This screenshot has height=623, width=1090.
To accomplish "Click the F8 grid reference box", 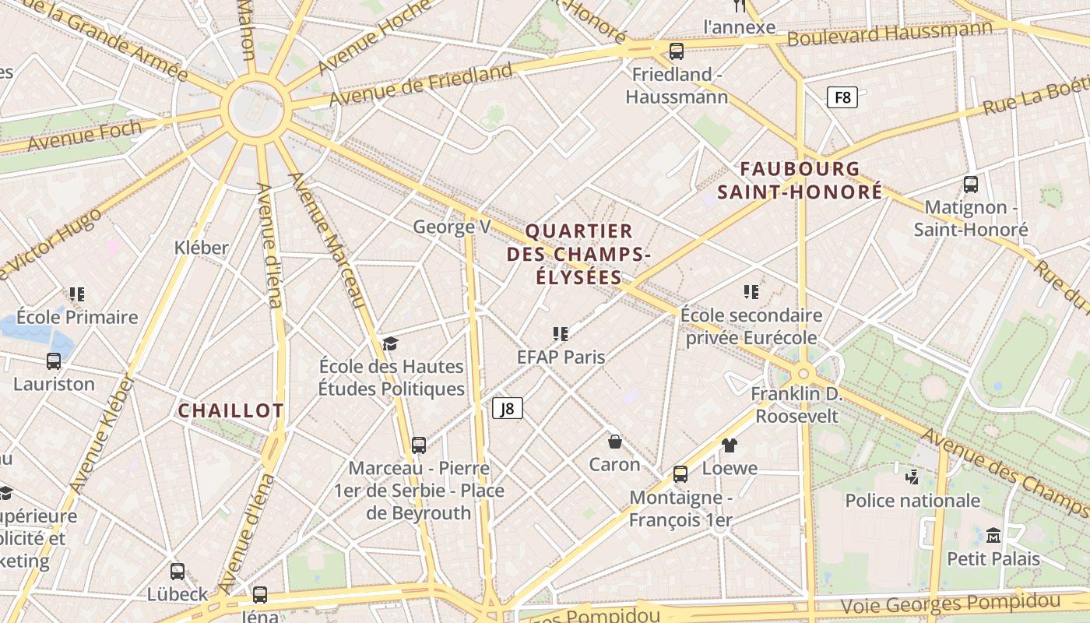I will coord(842,97).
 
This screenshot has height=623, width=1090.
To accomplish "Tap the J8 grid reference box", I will coord(507,408).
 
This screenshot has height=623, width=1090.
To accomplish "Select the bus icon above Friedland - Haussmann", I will coord(677,51).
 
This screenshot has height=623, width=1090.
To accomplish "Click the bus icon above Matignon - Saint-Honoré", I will coord(971,185).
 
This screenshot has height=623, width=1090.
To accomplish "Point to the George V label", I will coord(452,227).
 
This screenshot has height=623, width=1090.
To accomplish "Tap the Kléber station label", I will coord(202,248).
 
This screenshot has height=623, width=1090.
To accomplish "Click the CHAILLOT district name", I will coord(230,410).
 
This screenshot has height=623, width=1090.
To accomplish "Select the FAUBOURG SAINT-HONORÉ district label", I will coord(800,180).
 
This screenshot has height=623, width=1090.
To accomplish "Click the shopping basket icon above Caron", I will coord(615,442).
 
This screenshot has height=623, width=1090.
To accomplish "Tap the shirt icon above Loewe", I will coord(730,445).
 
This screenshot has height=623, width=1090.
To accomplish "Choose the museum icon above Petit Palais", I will coord(993,536).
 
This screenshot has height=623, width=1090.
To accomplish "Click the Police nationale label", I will coord(912,500).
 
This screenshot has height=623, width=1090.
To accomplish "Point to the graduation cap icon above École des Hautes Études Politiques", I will coord(390,343).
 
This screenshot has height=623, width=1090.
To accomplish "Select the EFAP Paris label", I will coord(561,357).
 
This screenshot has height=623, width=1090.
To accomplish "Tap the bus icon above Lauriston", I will coord(54,361).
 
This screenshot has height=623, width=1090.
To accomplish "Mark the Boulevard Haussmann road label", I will coord(890,33).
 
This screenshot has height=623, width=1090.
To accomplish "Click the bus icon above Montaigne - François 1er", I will coord(680,473).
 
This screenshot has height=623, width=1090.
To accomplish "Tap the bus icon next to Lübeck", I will coord(178,572).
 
